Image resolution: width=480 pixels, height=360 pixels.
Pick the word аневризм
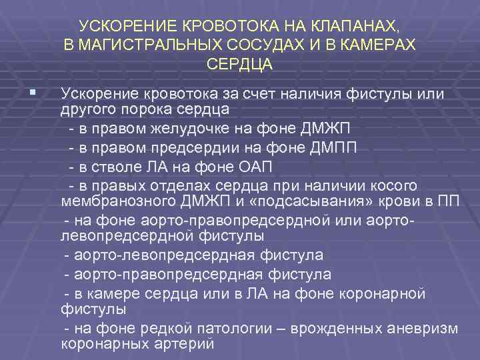click(425, 329)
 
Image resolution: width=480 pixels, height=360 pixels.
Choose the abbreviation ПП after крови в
click(449, 201)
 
